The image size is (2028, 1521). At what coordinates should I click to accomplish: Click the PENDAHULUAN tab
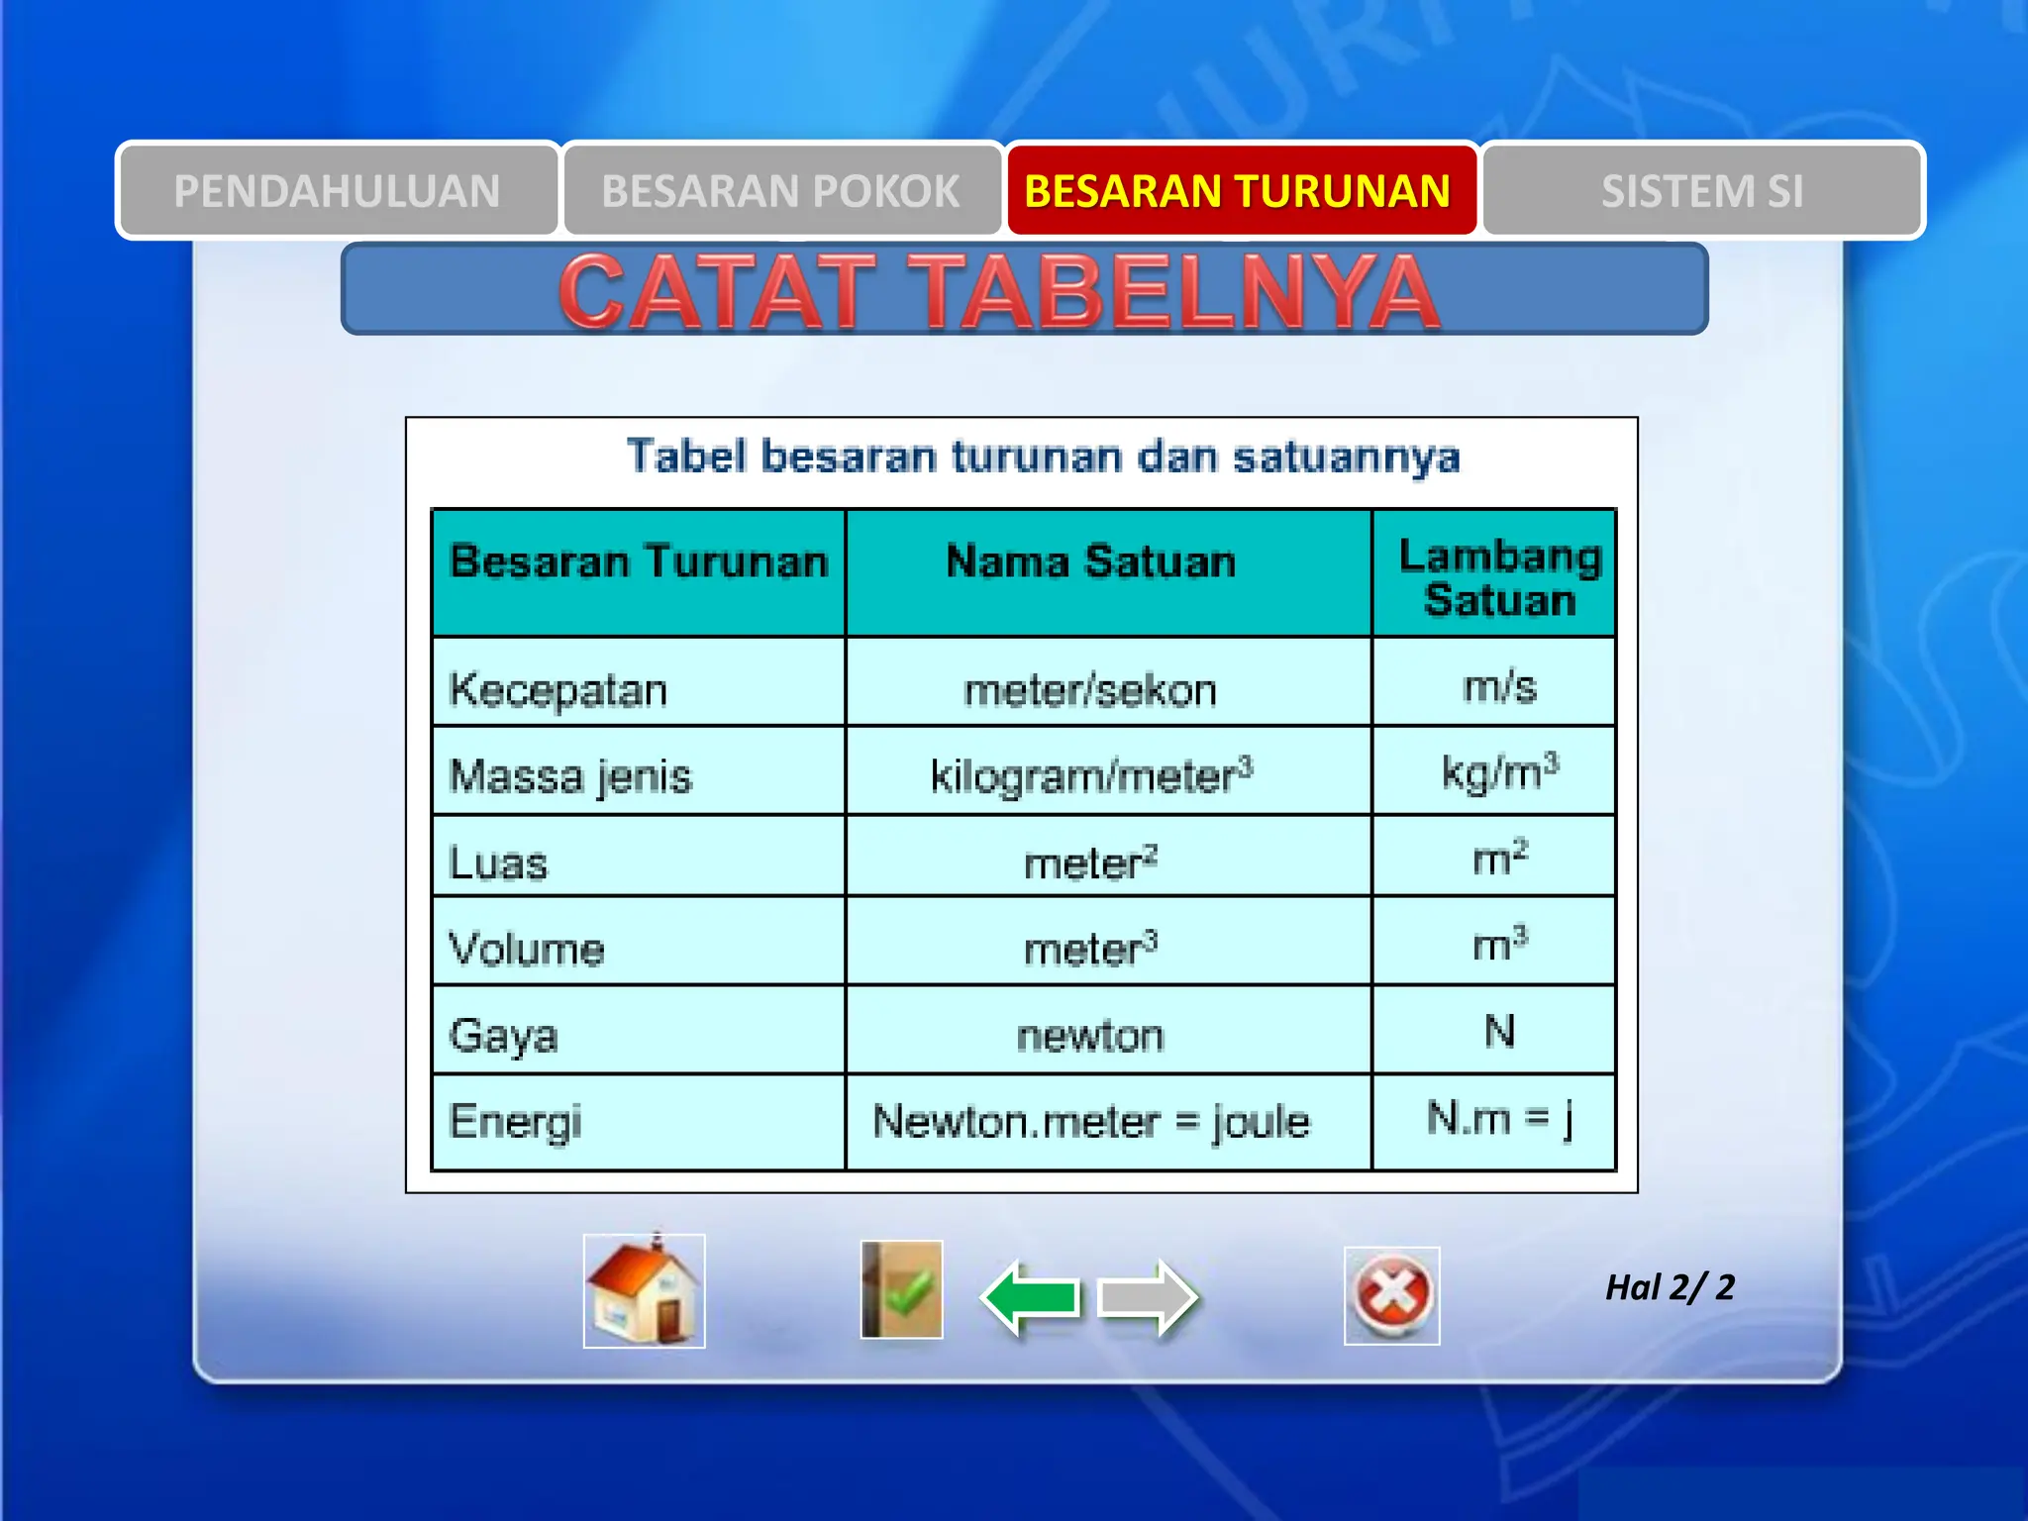point(338,191)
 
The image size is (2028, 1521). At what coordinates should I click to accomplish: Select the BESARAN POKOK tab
point(781,191)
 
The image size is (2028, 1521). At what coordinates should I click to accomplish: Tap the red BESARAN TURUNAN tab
point(1238,191)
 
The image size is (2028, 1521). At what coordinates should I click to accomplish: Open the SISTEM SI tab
point(1702,191)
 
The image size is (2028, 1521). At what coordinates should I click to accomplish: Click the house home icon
point(644,1291)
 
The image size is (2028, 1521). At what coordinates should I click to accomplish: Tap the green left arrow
point(1030,1297)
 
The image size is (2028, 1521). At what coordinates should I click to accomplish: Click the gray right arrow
point(1149,1297)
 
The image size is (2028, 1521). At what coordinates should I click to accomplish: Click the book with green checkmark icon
point(901,1290)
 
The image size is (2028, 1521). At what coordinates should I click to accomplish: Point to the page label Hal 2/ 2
point(1670,1287)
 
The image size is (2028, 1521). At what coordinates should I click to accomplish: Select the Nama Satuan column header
point(1091,562)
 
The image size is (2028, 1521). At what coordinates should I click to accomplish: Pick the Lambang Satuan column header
point(1499,578)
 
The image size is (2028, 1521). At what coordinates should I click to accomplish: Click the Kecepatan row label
point(558,690)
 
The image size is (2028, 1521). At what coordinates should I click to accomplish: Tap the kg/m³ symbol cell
point(1499,772)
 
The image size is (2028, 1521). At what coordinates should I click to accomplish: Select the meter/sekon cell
point(1091,690)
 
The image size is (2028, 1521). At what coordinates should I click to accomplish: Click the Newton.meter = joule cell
point(1091,1122)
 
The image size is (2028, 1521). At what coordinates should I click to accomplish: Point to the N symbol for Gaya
point(1499,1032)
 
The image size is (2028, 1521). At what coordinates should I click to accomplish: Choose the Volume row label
point(527,949)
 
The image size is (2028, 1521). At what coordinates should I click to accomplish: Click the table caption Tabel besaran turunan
point(1044,456)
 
